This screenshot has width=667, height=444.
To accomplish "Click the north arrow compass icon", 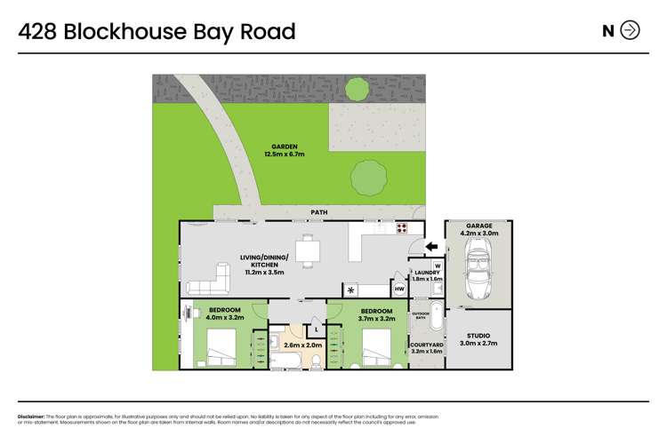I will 630,30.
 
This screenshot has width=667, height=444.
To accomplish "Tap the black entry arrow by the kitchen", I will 431,247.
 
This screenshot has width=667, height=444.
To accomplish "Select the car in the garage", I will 478,270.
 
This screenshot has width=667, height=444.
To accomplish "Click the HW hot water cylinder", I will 399,289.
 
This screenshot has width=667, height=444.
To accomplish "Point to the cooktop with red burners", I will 400,227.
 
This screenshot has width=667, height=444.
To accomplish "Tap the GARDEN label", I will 285,147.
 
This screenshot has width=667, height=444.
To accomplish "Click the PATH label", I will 319,212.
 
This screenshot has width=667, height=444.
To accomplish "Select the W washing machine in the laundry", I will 438,266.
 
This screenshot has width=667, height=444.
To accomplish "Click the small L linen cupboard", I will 317,329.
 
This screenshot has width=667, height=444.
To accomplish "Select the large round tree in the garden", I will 370,178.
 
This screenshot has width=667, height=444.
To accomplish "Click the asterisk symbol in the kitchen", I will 351,289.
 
